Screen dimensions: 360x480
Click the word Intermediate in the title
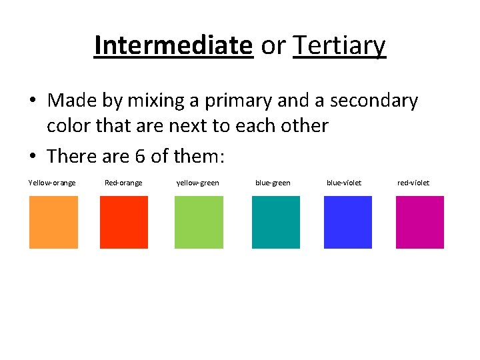173,46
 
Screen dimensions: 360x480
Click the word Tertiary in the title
339,46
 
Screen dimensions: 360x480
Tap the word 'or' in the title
273,46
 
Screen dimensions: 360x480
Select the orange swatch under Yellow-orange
53,222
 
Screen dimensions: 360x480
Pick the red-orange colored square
124,222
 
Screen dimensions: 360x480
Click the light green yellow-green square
199,222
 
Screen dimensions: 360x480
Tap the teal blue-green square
276,222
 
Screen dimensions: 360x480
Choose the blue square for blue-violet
347,222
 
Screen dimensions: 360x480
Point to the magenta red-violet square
419,222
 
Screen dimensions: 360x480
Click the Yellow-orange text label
52,183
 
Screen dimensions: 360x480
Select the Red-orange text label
123,183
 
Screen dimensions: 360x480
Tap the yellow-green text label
197,183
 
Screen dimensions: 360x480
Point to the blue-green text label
273,183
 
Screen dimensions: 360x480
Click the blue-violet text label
344,183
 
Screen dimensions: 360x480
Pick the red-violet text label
413,183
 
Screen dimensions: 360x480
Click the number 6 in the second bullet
140,156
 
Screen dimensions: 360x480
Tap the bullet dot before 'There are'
33,156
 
